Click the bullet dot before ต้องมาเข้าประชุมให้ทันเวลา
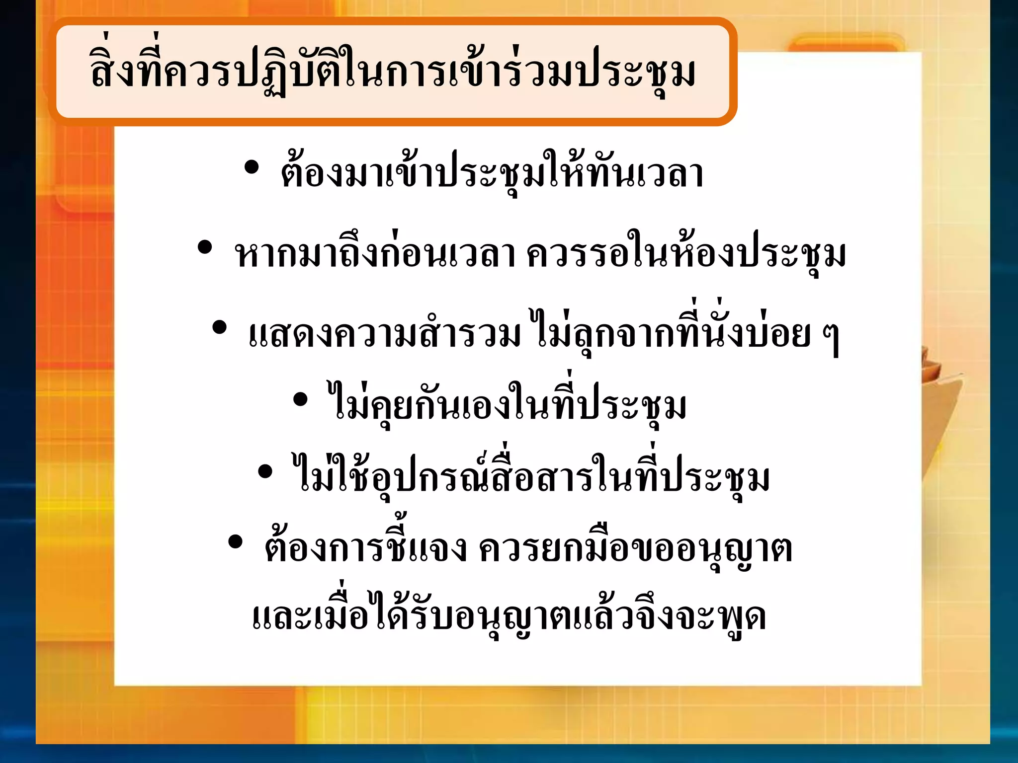point(252,168)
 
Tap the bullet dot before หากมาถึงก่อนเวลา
point(205,247)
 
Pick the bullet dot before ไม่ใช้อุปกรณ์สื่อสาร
point(265,471)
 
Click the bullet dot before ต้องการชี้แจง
point(235,542)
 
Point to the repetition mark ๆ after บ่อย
point(831,338)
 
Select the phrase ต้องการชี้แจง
point(365,549)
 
